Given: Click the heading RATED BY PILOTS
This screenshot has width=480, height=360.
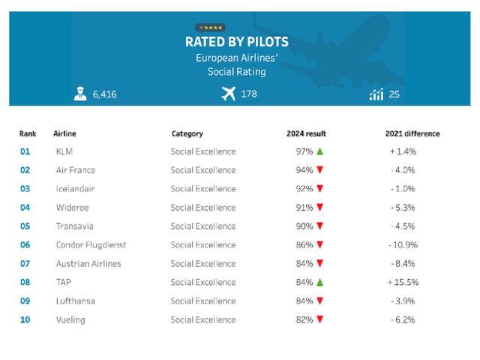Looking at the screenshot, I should [236, 42].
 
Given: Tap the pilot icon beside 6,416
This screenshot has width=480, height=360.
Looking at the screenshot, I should [80, 94].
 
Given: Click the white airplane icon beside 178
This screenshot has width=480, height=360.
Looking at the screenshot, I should [229, 94].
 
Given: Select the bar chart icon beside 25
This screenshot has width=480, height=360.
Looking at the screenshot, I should [376, 94].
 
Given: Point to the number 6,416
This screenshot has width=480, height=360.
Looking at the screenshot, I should [104, 94].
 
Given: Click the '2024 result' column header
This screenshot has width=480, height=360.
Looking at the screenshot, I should [306, 134].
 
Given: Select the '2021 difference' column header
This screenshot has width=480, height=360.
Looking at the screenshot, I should [412, 134].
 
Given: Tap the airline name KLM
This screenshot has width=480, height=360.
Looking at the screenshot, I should [64, 151].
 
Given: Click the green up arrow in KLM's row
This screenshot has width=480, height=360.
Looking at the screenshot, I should [319, 151].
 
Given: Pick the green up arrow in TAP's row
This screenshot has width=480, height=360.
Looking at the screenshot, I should [319, 283].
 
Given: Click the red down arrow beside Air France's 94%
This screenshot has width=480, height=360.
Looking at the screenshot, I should [319, 170].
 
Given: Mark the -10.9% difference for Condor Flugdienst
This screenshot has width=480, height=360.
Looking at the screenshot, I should [403, 245].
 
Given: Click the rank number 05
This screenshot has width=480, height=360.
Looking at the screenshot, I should [26, 226].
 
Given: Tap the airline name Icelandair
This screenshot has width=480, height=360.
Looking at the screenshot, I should [75, 189].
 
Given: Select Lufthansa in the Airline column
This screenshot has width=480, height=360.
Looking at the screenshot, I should [76, 301].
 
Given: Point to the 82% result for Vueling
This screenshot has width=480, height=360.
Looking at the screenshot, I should [304, 320].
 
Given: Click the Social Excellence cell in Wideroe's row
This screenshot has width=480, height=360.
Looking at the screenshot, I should [203, 208].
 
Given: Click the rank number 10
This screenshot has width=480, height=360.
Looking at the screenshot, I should [26, 320].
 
